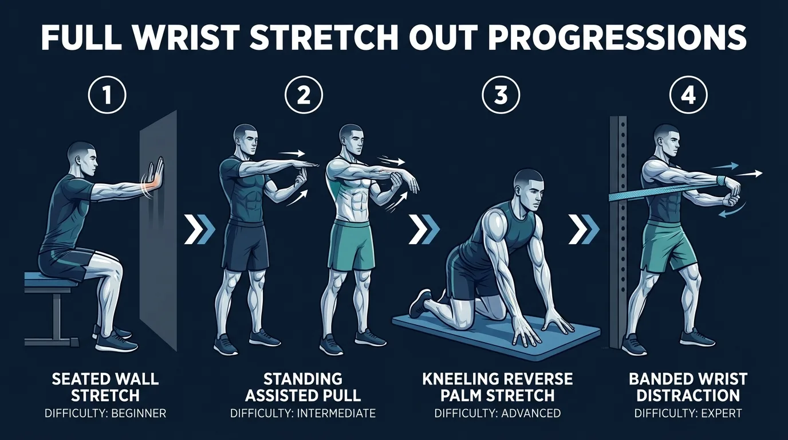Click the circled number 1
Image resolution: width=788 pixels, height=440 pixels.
tap(107, 96)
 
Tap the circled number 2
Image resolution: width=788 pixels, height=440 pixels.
tap(304, 96)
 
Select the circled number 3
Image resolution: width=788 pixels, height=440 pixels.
tap(501, 96)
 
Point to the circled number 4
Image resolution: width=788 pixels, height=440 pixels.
tap(688, 96)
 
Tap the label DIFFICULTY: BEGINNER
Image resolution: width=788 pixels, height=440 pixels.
tap(105, 412)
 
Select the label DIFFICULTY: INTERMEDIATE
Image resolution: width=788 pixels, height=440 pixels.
tap(303, 412)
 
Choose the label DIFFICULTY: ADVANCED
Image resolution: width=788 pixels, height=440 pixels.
tap(497, 412)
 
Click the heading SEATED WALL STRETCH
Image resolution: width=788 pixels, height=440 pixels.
tap(105, 387)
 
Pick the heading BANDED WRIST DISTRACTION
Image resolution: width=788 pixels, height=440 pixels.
tap(684, 387)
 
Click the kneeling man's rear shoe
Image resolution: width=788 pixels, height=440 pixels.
tap(421, 302)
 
